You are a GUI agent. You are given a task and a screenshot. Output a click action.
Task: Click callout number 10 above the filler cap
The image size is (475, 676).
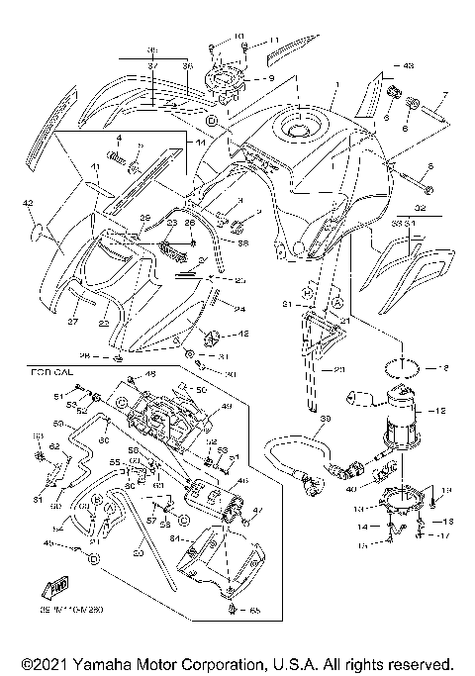[241, 38]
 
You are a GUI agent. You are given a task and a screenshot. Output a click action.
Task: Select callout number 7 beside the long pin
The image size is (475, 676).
[445, 96]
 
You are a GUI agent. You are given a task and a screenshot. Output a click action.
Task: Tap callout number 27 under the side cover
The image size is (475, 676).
[71, 321]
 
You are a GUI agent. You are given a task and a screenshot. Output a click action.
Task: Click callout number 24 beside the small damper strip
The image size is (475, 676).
[238, 308]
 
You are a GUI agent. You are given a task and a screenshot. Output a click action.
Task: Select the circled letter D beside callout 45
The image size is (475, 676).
[93, 559]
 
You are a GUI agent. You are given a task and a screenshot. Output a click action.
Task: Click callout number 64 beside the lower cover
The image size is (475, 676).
[177, 539]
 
